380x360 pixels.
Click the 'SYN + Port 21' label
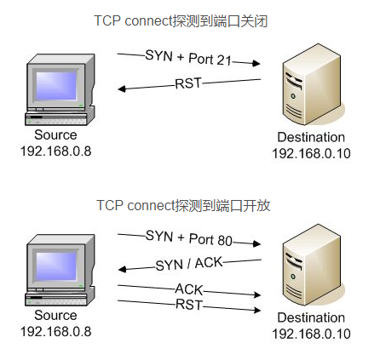click(188, 58)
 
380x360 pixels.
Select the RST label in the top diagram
click(188, 83)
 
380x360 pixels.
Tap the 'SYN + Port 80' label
click(189, 239)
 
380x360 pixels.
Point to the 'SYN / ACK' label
click(189, 264)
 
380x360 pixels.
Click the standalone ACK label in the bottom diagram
click(189, 289)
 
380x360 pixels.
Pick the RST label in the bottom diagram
click(189, 305)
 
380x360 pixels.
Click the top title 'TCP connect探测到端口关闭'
click(181, 21)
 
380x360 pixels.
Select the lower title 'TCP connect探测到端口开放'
click(183, 205)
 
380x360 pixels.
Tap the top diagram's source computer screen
click(56, 85)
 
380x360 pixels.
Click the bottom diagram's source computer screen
click(56, 266)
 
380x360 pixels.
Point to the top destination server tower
click(312, 84)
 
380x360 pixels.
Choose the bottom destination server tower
click(312, 265)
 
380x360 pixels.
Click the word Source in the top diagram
click(55, 134)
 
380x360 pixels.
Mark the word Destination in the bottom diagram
click(311, 317)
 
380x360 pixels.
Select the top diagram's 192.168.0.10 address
click(311, 153)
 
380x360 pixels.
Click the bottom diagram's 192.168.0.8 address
click(56, 332)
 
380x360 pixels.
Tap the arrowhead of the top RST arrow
click(122, 89)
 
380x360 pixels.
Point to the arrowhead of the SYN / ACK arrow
click(122, 269)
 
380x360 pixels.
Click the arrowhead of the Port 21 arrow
click(256, 63)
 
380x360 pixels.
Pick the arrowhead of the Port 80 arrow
click(257, 243)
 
